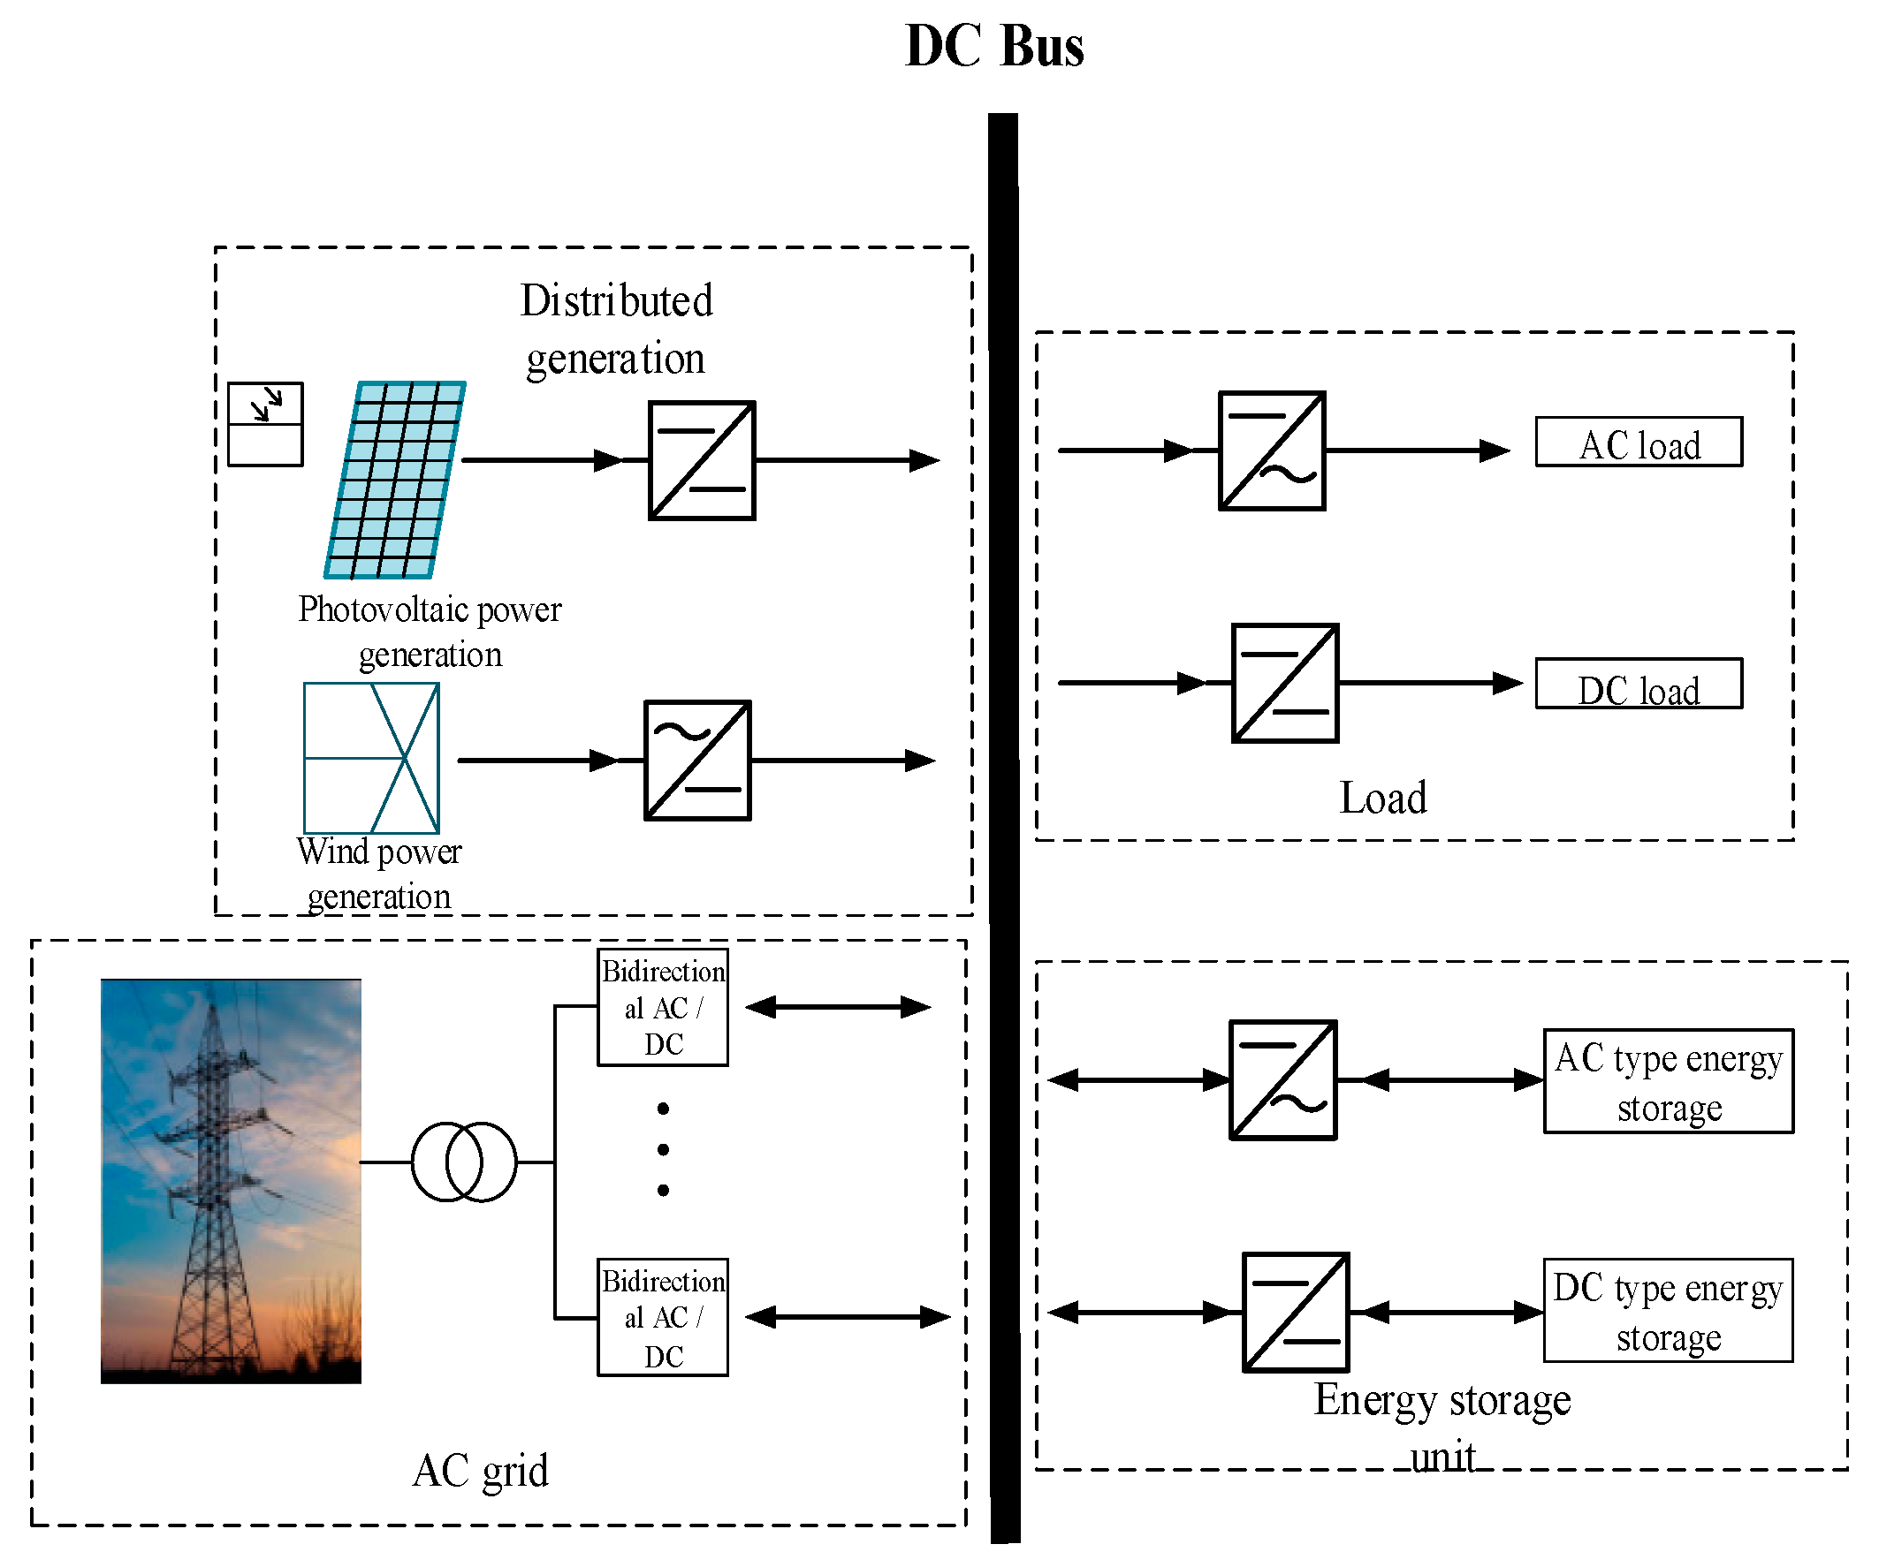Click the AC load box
[x=1639, y=443]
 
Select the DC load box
[x=1639, y=685]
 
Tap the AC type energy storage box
[x=1668, y=1081]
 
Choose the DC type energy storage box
[x=1668, y=1311]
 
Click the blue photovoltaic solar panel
[x=395, y=481]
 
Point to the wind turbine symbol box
[x=371, y=759]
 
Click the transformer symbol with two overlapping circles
[x=463, y=1162]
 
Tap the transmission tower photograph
[x=231, y=1181]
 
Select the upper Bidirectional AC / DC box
[x=662, y=1008]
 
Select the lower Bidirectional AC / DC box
[x=662, y=1317]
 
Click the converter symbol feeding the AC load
[x=1272, y=450]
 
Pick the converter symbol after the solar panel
[x=702, y=460]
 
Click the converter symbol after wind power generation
[x=697, y=761]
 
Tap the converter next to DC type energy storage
[x=1295, y=1312]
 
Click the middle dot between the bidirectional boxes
[x=663, y=1149]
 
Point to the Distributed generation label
[x=616, y=329]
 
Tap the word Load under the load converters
[x=1382, y=798]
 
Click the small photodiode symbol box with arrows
[x=266, y=424]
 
